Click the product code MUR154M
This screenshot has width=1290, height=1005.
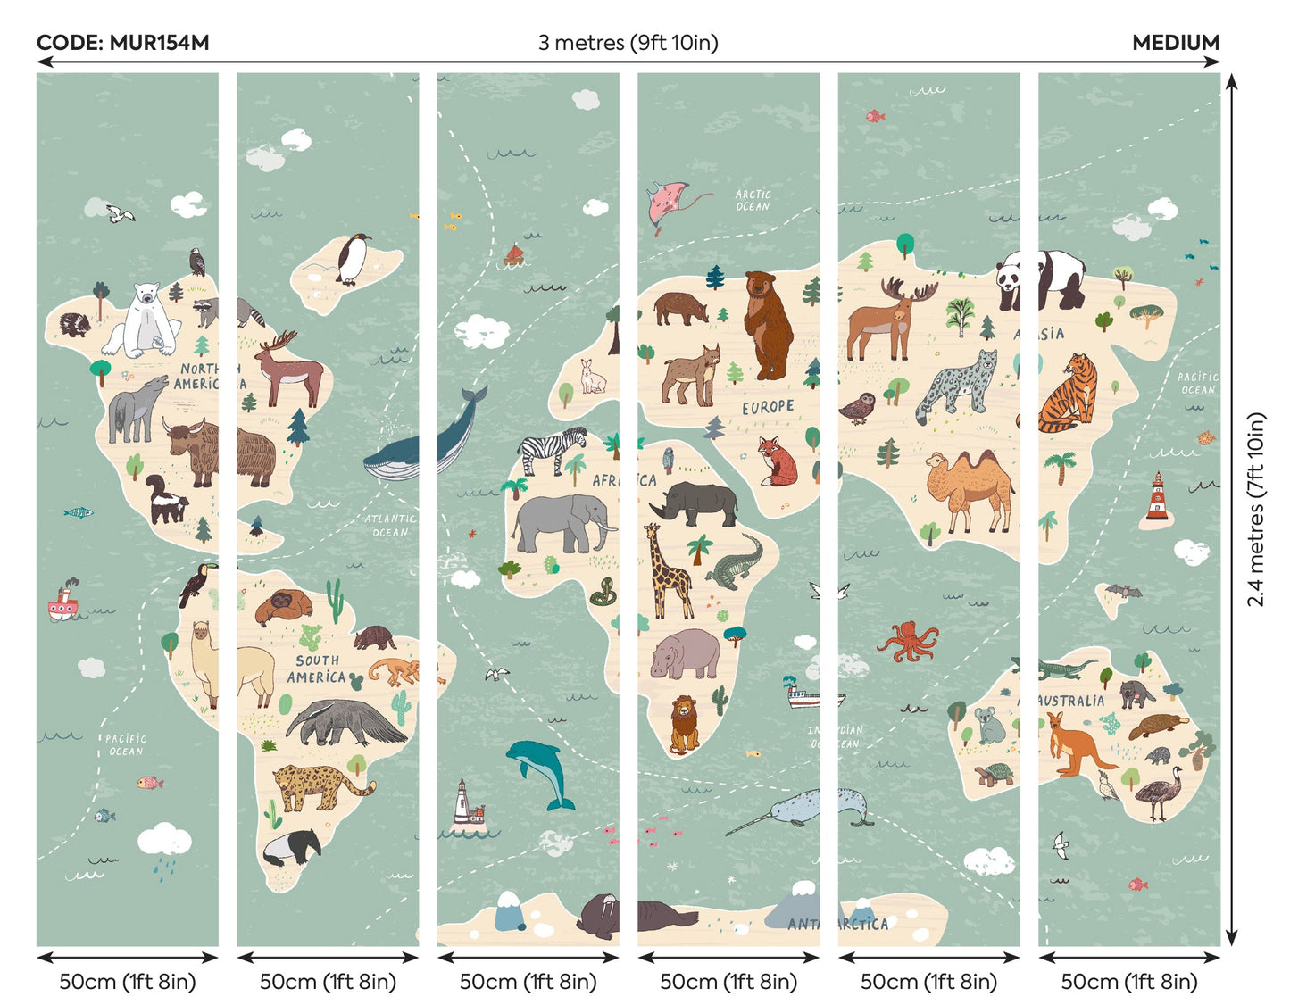[122, 43]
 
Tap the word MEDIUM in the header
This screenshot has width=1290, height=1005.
[1175, 43]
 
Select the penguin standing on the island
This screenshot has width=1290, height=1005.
[354, 259]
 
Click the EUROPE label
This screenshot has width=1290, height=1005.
[768, 407]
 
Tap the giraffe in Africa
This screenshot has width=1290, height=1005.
[667, 571]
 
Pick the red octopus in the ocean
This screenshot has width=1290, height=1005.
[909, 640]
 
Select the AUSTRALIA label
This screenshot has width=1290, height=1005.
[1070, 702]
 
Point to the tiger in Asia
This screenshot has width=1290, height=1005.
[1070, 394]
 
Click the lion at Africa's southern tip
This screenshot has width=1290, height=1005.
[685, 723]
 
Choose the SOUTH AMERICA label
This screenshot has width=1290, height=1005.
[317, 669]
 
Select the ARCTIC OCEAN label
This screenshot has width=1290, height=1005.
[753, 200]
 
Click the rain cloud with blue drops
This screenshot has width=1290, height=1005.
[165, 843]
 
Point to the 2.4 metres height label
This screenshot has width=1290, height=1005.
[1257, 509]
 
